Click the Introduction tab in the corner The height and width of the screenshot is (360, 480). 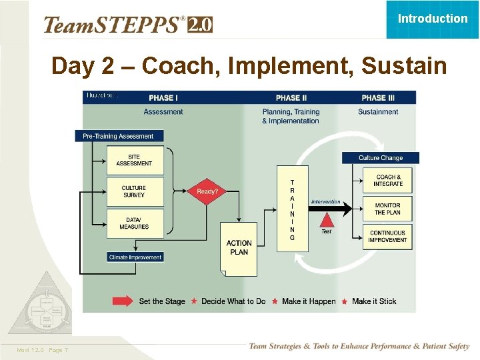tap(433, 19)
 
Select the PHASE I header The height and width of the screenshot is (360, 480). tap(163, 98)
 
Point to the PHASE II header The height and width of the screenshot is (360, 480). tap(291, 98)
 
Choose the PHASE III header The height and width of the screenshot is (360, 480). tap(378, 98)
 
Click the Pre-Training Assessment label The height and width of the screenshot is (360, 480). tap(119, 136)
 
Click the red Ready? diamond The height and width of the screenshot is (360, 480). tap(207, 192)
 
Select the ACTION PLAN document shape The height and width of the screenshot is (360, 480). tap(239, 248)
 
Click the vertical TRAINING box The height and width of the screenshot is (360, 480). tap(292, 209)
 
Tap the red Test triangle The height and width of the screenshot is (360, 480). tap(326, 219)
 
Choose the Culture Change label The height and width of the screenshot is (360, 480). tap(381, 158)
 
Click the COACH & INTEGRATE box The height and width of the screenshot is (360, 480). tap(388, 180)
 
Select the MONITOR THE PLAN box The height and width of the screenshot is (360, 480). tap(388, 209)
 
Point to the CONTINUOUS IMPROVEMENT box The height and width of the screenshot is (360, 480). tap(388, 237)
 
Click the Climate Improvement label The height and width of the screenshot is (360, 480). tap(135, 257)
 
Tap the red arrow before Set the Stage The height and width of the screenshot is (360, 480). tap(123, 301)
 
